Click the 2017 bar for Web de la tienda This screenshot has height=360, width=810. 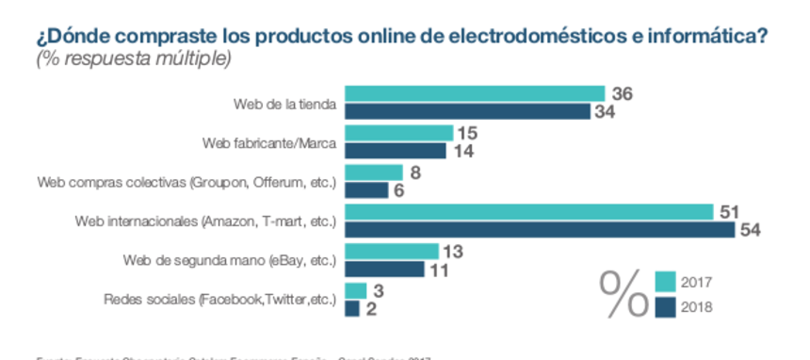[475, 93]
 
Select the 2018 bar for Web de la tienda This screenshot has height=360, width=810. [468, 111]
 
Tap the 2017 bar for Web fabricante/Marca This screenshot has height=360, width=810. [399, 133]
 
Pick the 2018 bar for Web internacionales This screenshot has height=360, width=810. [540, 229]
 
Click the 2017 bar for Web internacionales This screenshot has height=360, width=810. [529, 212]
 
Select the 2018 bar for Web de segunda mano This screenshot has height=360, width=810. [385, 269]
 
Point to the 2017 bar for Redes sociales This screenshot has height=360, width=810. [356, 290]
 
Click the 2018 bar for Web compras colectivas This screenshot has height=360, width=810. [367, 189]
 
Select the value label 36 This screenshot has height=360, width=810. [622, 93]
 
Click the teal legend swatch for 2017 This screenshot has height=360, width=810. [666, 282]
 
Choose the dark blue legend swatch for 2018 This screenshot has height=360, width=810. [666, 305]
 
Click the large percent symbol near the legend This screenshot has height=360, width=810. [624, 293]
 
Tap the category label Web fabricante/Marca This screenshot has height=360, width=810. [271, 142]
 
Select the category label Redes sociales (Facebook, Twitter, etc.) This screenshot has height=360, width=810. [219, 300]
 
